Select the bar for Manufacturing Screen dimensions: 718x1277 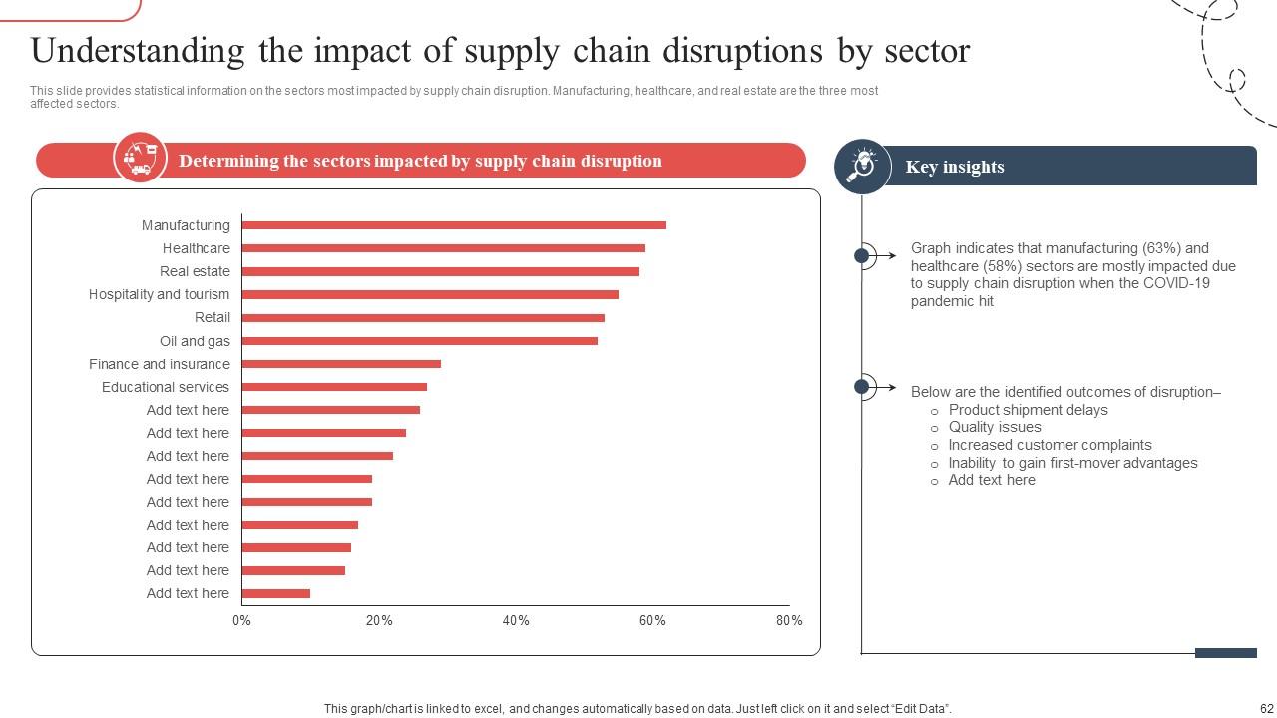point(454,225)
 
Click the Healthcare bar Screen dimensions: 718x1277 point(443,248)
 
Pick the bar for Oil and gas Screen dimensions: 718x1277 point(419,341)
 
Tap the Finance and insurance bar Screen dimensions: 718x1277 point(341,364)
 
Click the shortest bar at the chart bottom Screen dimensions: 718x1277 point(276,593)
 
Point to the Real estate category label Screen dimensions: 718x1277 point(195,271)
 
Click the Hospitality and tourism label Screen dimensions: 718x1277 point(159,294)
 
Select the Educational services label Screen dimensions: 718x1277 point(166,387)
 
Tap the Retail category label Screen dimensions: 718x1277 point(213,317)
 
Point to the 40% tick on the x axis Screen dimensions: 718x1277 point(516,620)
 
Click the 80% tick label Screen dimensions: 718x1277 point(789,620)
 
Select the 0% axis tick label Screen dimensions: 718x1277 point(241,620)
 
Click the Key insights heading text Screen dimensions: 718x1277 point(955,167)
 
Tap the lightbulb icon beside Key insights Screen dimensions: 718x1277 point(862,166)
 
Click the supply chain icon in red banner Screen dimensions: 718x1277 point(140,158)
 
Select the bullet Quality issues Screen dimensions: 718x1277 point(995,427)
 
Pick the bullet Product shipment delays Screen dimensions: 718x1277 point(1028,410)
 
